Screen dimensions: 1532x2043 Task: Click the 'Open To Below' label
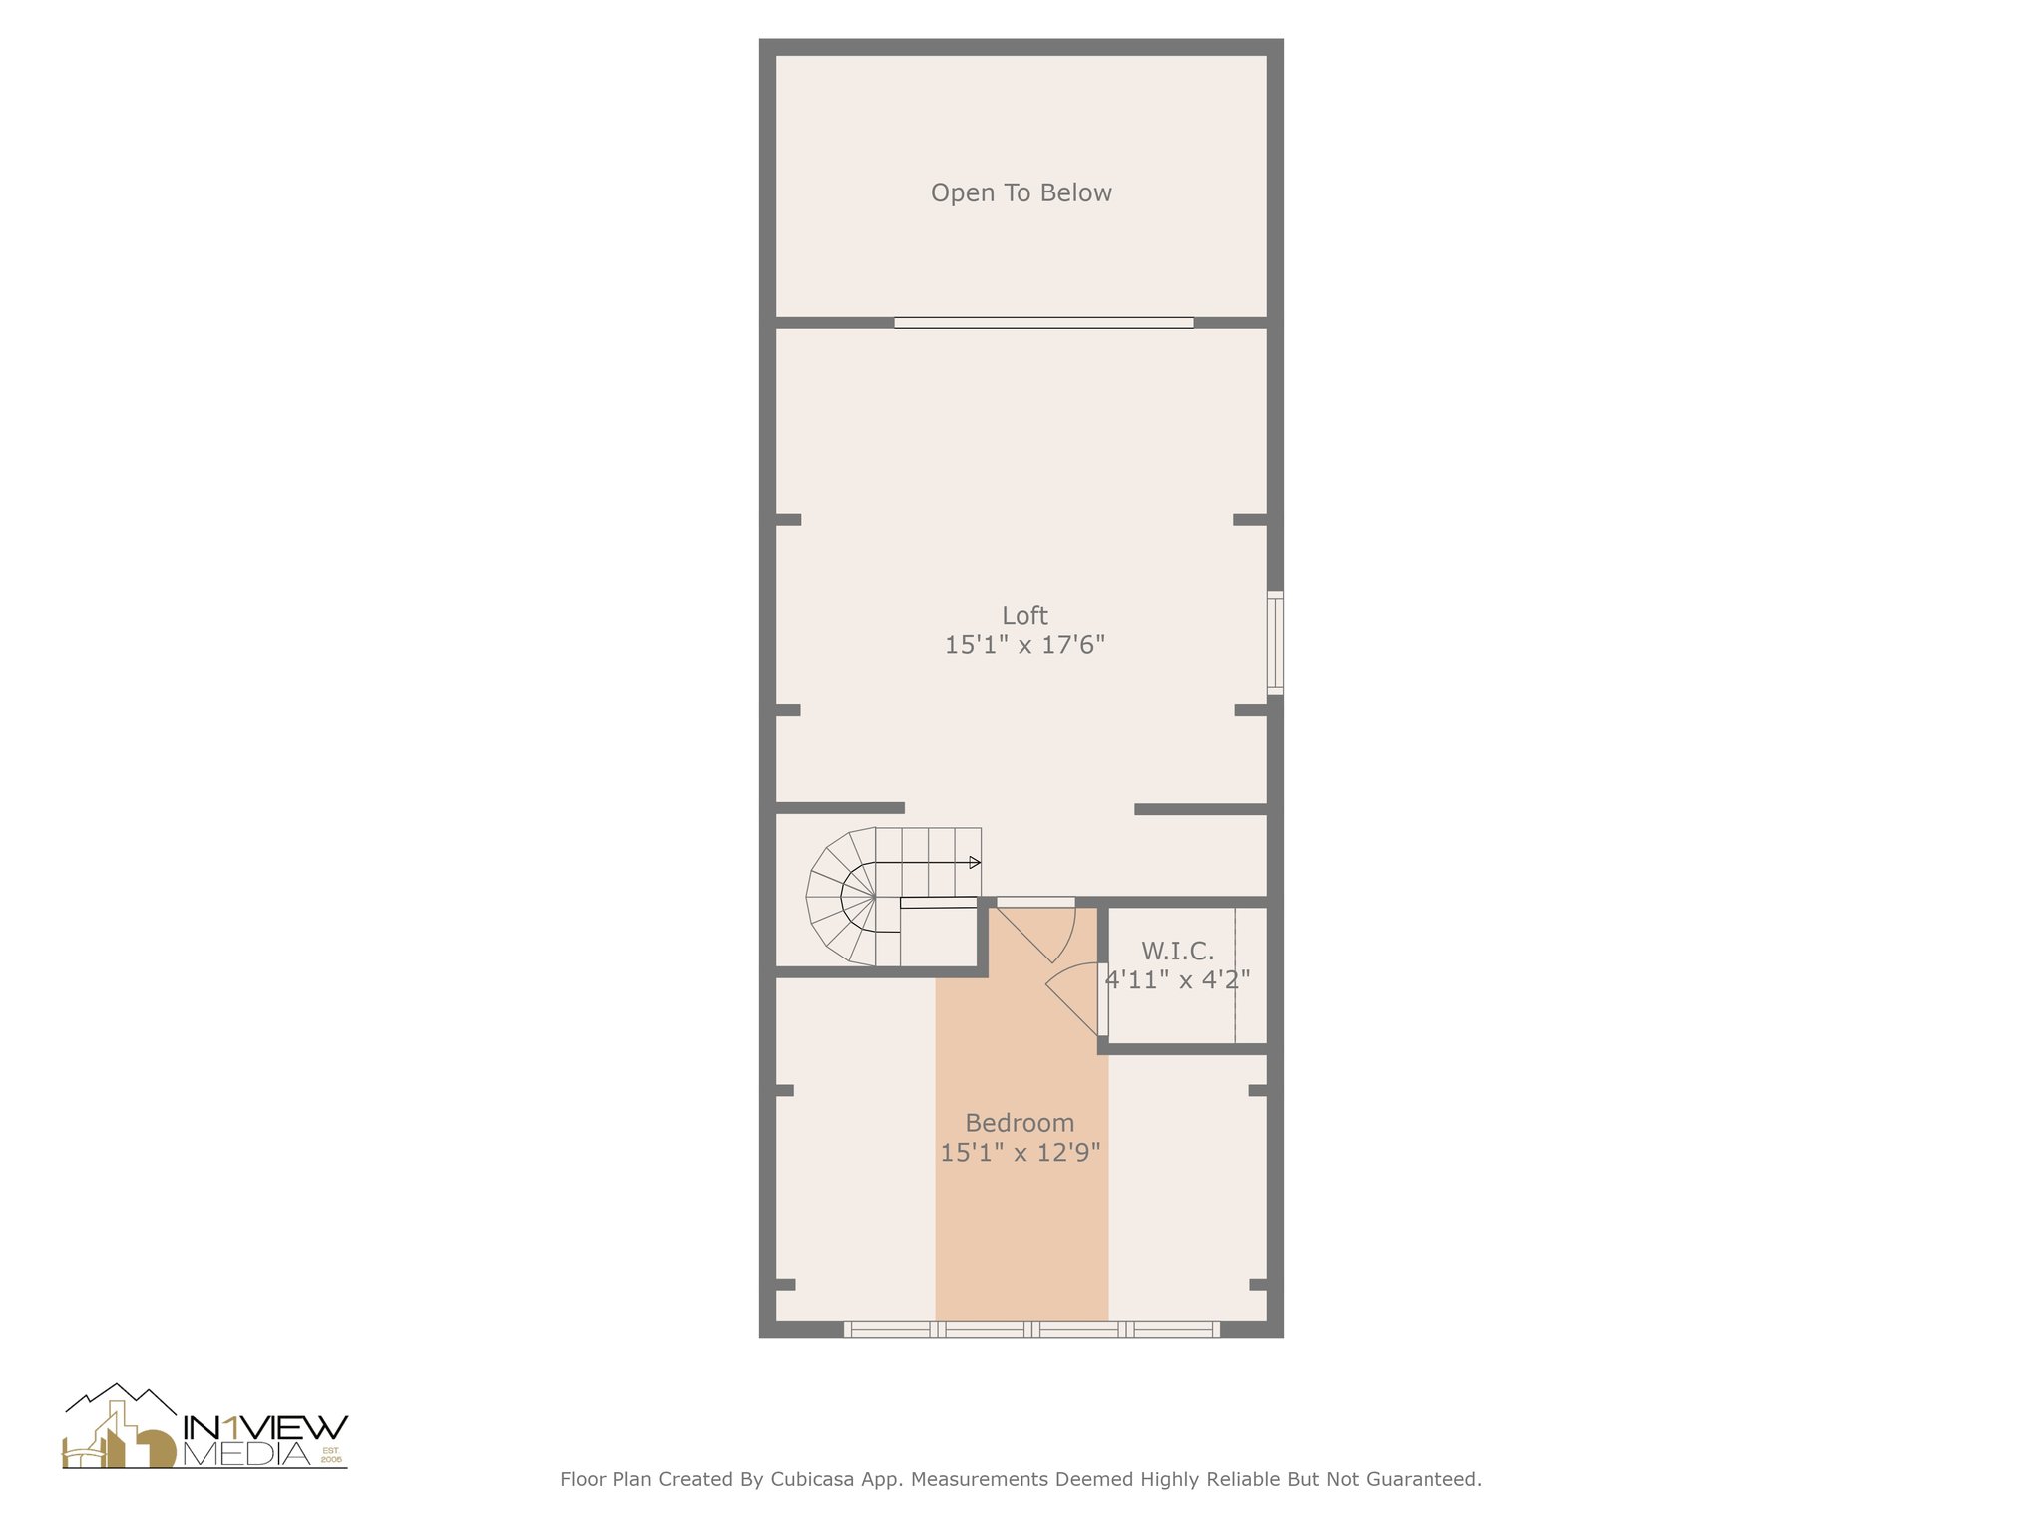[1021, 192]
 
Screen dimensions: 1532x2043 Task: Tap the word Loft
[1024, 615]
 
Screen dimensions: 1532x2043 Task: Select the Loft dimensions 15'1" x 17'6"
[1024, 645]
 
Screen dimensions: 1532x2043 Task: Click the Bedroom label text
[1020, 1123]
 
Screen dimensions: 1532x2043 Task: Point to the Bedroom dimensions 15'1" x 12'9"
[1020, 1153]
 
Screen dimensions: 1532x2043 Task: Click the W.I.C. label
[1177, 950]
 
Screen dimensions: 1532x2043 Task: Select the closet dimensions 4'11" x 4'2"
[1177, 979]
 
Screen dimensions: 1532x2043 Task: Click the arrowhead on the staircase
[975, 862]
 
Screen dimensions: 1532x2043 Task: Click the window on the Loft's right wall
[1275, 642]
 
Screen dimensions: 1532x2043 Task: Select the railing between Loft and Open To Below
[1043, 322]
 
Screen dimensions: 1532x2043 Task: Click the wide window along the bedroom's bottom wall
[1031, 1329]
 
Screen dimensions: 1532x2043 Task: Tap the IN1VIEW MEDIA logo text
[264, 1440]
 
